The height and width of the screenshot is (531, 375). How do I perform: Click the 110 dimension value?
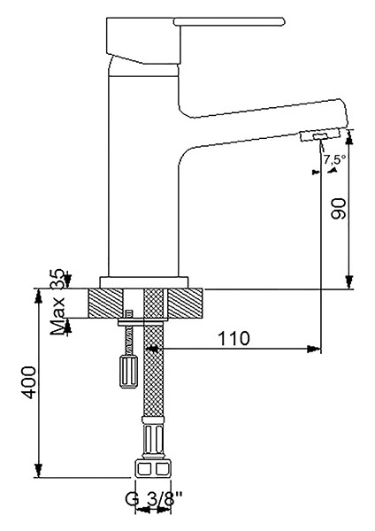point(234,338)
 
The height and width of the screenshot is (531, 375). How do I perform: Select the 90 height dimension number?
point(339,209)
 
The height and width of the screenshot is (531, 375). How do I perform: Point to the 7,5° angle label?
point(334,159)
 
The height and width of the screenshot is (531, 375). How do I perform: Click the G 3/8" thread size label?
point(154,498)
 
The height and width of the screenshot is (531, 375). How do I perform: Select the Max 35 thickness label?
point(57,302)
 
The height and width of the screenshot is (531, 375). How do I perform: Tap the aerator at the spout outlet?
point(319,135)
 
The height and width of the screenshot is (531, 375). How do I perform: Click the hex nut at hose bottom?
point(153,469)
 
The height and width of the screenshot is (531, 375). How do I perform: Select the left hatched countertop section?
point(105,303)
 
